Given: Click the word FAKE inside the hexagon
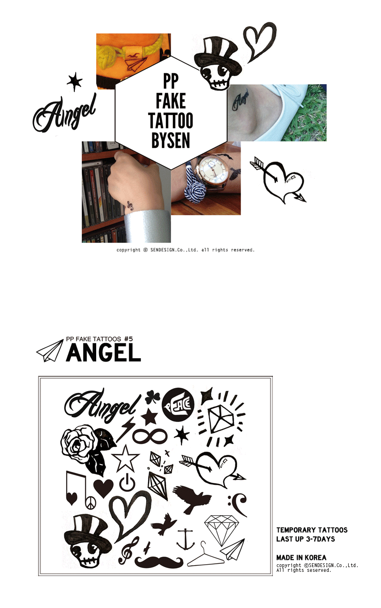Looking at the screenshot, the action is click(170, 101).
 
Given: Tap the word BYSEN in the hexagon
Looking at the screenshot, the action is click(170, 140).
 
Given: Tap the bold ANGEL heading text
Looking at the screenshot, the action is click(103, 353).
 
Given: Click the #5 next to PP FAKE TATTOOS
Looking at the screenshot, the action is click(129, 339).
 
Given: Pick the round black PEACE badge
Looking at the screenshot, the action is click(178, 404).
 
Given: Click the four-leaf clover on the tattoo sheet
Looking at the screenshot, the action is click(152, 397).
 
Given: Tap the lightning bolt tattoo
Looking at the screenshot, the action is click(125, 430).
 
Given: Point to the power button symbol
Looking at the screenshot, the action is click(127, 482).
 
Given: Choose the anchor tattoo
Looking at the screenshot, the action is click(186, 539).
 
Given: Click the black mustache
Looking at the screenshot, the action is click(159, 562).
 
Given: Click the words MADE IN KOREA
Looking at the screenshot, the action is click(301, 558).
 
